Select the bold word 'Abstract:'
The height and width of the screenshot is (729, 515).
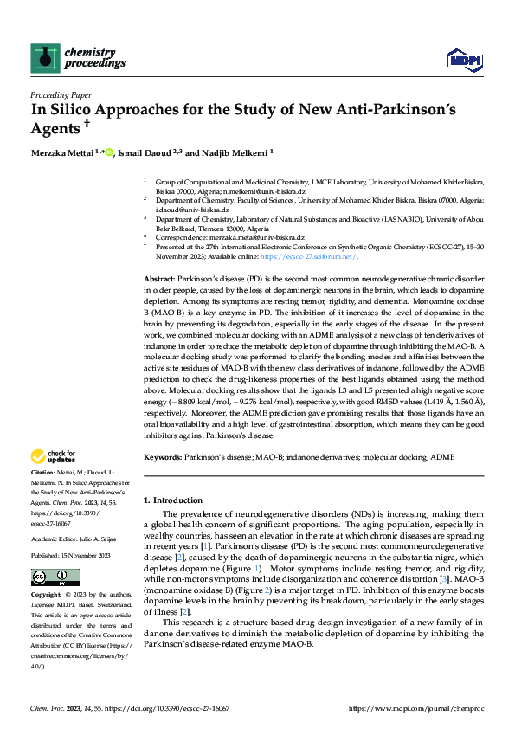click(x=159, y=281)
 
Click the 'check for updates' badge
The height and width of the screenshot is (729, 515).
click(x=54, y=456)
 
